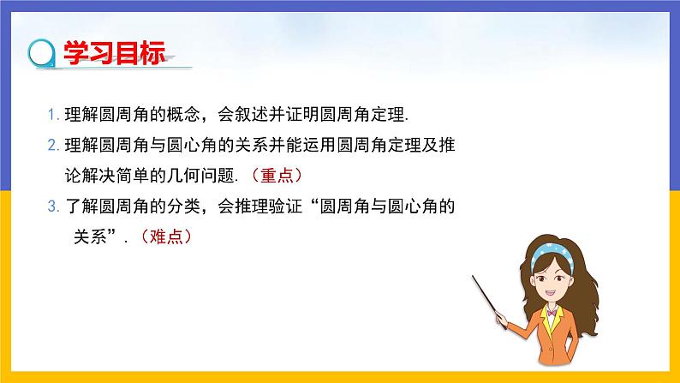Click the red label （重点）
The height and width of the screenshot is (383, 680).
[273, 175]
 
